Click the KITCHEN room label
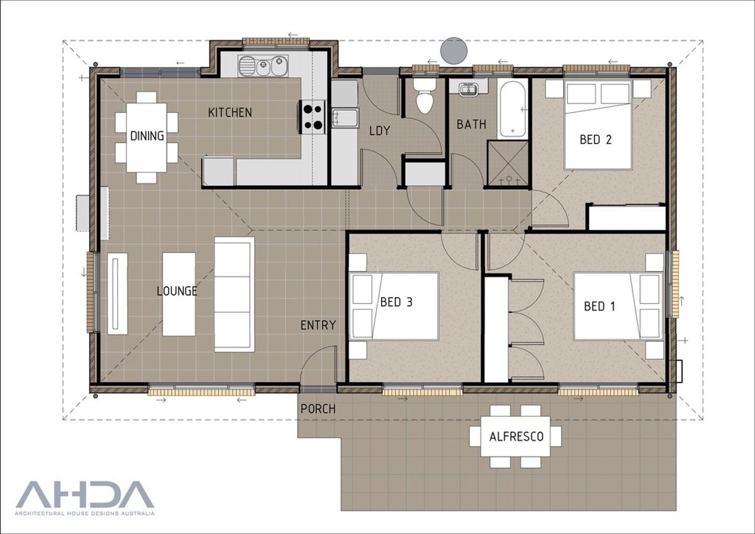point(230,112)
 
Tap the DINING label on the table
point(147,136)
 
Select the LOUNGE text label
point(177,291)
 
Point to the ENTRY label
point(318,325)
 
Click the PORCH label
point(318,409)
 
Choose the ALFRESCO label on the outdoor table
point(517,436)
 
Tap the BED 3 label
point(396,302)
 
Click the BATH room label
point(471,125)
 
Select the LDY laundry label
point(379,130)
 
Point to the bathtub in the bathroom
point(512,109)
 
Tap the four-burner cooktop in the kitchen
point(313,117)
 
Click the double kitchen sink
point(262,66)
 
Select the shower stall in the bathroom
point(508,163)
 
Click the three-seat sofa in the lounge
point(234,295)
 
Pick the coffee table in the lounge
point(179,294)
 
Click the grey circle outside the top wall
point(454,50)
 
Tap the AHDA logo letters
point(85,494)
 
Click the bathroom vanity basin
point(468,88)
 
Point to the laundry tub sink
point(345,118)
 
